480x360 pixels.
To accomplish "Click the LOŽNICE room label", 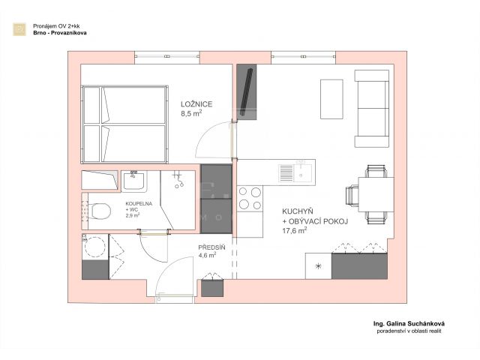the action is tap(196, 104).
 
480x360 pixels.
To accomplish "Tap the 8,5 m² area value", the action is tap(191, 113).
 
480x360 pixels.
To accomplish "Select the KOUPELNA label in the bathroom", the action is tap(139, 203).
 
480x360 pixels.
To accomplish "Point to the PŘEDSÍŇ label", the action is tap(211, 247).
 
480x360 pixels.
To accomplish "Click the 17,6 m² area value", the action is tap(295, 230).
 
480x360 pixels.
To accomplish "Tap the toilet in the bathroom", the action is tap(101, 211).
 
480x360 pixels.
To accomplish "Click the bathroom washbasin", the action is tap(133, 181).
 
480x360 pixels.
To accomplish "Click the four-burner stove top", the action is tap(250, 198).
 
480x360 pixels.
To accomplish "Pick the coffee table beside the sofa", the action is tap(331, 99).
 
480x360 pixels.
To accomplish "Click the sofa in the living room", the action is tap(372, 108).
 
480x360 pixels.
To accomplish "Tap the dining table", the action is tap(376, 194).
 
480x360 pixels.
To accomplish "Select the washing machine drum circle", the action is tap(95, 247).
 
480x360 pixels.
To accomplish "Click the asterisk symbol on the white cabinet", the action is tap(318, 266).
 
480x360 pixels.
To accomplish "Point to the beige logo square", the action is tap(19, 29).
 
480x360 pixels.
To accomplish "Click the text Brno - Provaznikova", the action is tap(60, 33).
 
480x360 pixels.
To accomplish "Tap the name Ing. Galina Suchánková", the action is tap(409, 323).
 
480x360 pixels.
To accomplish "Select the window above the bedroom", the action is tap(167, 57).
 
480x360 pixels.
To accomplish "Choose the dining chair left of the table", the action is tap(352, 196).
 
